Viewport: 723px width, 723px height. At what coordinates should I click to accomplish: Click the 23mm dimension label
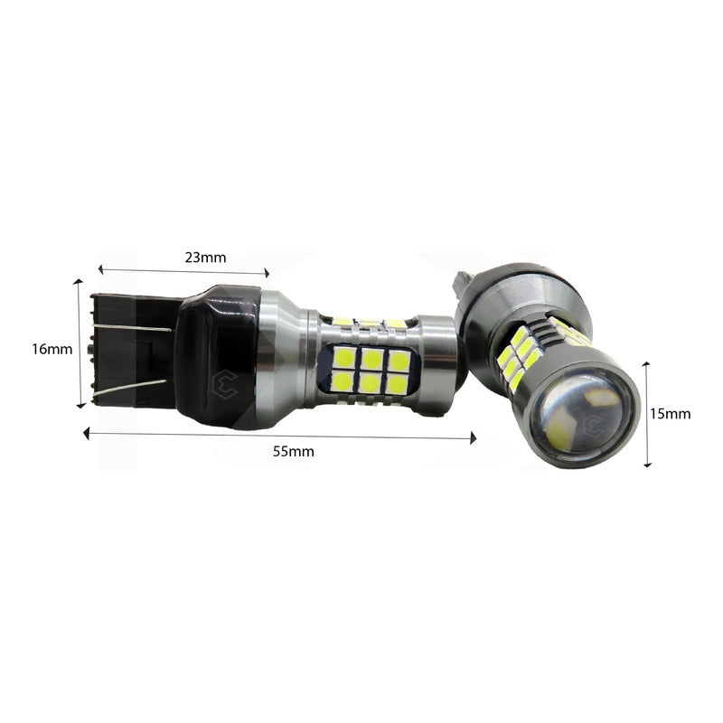point(206,258)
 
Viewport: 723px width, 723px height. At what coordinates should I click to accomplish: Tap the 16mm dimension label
point(52,349)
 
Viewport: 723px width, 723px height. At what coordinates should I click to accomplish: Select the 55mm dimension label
point(294,451)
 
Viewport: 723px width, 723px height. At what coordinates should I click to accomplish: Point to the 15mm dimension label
point(671,414)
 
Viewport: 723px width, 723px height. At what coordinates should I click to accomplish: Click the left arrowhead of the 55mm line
point(86,434)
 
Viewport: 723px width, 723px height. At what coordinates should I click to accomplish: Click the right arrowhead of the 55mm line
point(473,438)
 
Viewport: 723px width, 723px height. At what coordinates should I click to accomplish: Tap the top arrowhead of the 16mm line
point(79,282)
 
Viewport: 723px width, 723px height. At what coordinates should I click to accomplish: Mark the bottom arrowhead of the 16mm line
point(81,405)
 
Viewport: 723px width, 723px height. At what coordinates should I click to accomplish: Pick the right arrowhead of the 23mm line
point(267,273)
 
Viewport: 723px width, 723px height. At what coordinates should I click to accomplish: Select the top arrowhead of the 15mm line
point(646,365)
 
